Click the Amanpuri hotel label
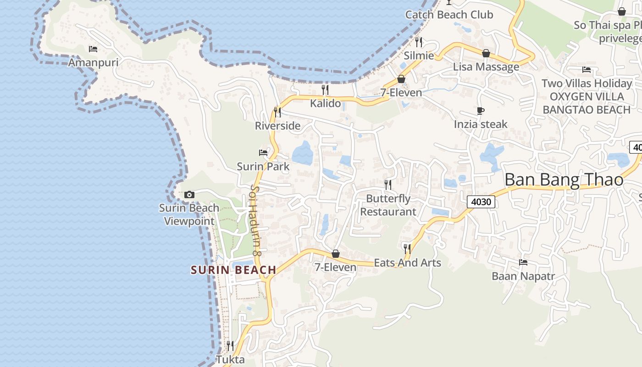tap(93, 62)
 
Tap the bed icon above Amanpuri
tap(93, 49)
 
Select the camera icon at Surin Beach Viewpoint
tap(189, 195)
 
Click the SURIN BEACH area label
tap(233, 270)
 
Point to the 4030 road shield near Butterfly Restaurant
tap(481, 201)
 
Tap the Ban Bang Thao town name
tap(564, 180)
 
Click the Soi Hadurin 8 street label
tap(255, 220)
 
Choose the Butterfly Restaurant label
tap(388, 205)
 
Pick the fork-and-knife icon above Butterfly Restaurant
tap(388, 184)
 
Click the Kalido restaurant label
tap(326, 103)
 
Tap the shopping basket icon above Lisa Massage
tap(486, 54)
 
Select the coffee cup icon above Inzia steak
tap(481, 111)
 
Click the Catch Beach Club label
tap(449, 15)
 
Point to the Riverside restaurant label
tap(278, 126)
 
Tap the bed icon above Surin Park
tap(263, 152)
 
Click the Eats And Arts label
tap(407, 263)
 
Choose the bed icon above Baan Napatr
tap(523, 262)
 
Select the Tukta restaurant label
tap(230, 360)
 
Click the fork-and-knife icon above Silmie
tap(419, 42)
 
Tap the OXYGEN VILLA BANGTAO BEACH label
tap(587, 103)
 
